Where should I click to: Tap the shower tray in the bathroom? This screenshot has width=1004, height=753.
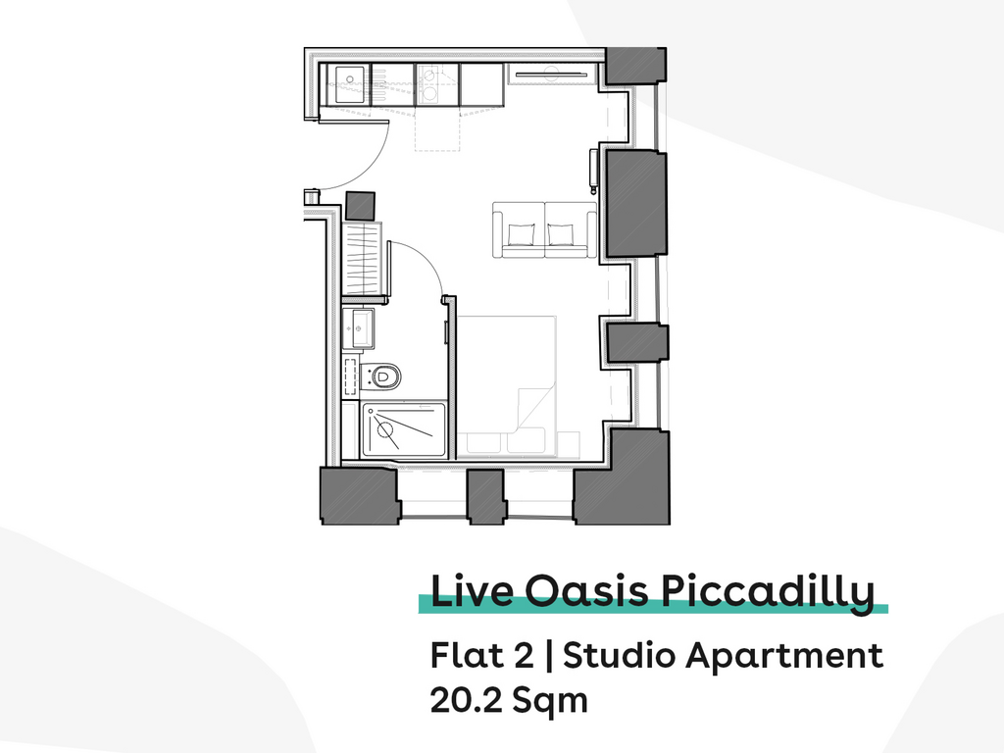[x=403, y=429]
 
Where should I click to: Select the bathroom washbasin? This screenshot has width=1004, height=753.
[x=358, y=327]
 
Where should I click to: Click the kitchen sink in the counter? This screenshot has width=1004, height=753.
[x=350, y=84]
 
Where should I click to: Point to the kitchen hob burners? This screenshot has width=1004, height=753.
[x=428, y=85]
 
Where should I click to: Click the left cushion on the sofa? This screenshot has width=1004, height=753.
[x=520, y=234]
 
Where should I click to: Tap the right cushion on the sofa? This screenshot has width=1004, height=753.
[x=561, y=234]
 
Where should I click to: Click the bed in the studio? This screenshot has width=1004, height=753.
[x=507, y=386]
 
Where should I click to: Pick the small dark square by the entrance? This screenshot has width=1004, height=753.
[x=360, y=206]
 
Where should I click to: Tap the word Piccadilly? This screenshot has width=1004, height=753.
[x=767, y=593]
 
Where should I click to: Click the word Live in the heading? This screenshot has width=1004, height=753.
[x=472, y=590]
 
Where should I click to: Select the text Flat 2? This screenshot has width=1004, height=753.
[x=481, y=655]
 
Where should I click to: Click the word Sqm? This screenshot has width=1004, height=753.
[x=549, y=701]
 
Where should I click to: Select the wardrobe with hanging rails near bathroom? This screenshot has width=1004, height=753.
[x=363, y=259]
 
